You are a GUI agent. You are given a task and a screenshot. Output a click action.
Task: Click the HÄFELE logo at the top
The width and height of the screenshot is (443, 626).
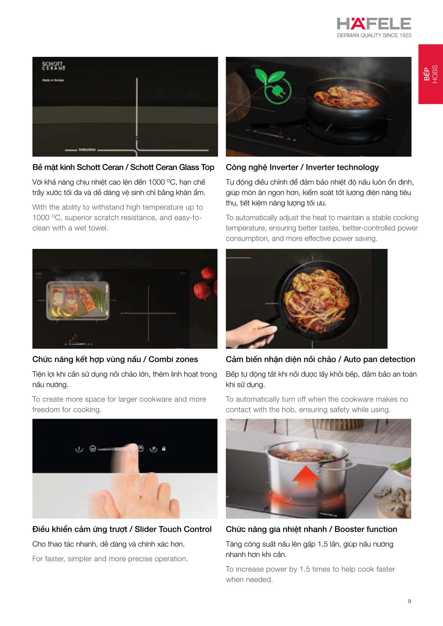(374, 24)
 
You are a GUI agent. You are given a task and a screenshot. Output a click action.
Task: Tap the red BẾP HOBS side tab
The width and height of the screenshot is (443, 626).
(430, 74)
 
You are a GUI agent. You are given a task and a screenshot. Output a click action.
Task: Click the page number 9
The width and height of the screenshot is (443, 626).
(409, 601)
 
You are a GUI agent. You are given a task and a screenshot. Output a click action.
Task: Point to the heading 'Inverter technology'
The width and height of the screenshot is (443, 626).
(342, 167)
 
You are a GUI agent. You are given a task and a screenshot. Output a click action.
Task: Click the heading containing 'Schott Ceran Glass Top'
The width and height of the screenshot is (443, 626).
(123, 167)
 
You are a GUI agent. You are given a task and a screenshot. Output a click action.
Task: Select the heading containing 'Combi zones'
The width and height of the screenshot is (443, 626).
(115, 359)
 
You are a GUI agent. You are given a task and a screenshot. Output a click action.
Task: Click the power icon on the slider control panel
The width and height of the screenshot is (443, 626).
(78, 449)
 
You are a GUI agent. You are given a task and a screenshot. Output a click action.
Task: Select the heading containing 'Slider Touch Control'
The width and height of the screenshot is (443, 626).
(122, 529)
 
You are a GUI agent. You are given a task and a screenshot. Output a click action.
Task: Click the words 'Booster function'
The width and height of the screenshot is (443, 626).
(365, 529)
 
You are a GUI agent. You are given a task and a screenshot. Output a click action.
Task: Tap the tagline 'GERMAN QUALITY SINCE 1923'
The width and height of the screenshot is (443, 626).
(374, 35)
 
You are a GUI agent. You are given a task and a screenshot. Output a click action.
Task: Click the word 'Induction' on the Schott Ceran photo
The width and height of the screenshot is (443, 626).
(87, 150)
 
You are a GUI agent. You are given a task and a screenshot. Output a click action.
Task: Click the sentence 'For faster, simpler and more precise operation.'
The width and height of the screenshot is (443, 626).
(110, 559)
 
